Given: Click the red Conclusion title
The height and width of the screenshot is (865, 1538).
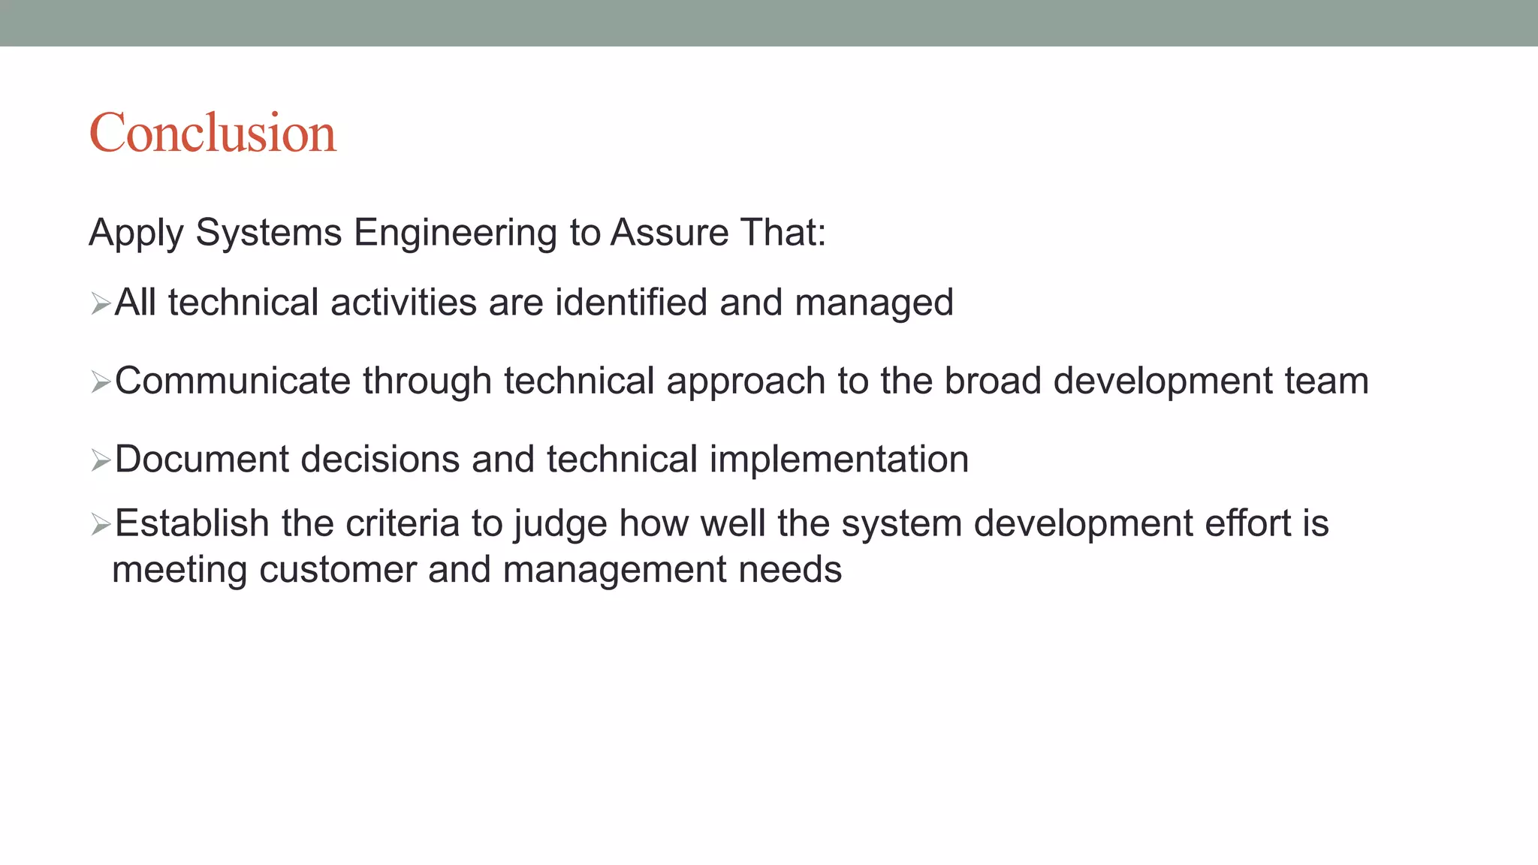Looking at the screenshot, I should tap(213, 133).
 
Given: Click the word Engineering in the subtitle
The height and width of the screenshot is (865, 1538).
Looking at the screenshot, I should tap(455, 233).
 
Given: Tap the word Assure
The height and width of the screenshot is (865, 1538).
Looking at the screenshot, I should tap(669, 232).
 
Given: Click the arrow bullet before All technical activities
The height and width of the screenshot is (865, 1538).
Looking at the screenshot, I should tap(101, 304).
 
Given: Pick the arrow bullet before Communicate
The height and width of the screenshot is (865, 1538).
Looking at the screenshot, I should tap(101, 382).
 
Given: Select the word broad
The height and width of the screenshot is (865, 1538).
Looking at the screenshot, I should tap(993, 381).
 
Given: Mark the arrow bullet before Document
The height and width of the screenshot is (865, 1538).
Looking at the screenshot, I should tap(101, 460).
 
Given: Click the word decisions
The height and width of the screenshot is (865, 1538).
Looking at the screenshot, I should tap(380, 459).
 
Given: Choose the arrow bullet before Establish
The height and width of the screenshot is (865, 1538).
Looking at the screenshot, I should tap(101, 524).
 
